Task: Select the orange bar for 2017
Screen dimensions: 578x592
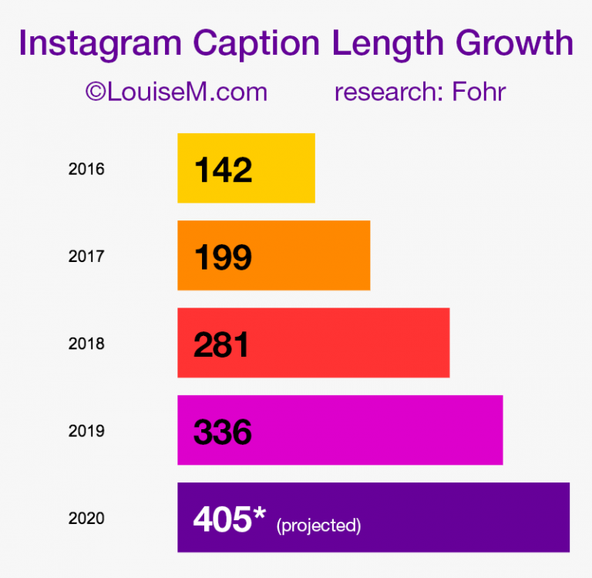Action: click(308, 255)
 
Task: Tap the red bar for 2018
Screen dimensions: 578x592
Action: click(347, 343)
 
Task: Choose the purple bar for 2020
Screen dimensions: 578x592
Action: click(462, 517)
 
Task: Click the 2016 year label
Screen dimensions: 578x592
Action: click(86, 169)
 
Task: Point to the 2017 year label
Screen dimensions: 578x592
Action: click(86, 256)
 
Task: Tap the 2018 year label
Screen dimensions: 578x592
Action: click(86, 344)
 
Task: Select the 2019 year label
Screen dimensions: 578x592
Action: click(86, 431)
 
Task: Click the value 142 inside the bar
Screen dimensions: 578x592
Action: click(223, 170)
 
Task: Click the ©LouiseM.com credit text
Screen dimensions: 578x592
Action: click(177, 92)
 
